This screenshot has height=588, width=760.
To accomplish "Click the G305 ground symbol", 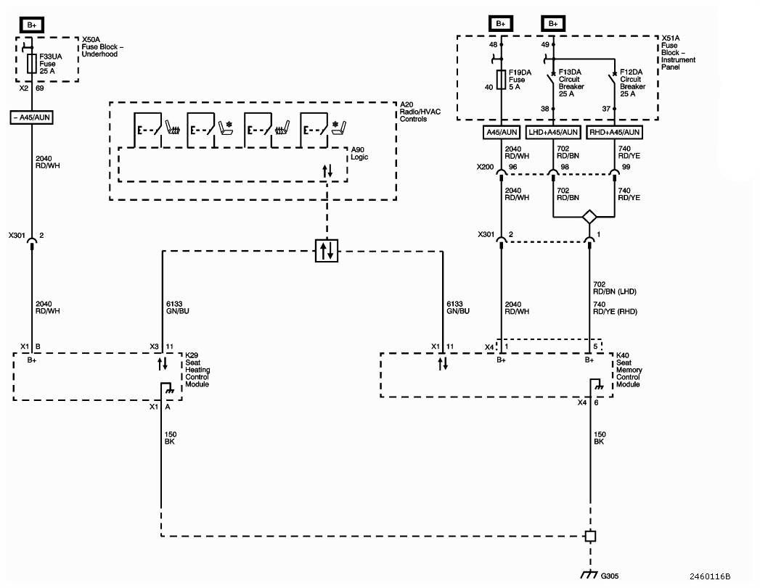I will [x=590, y=574].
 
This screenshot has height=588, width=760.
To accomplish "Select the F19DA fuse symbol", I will [x=502, y=80].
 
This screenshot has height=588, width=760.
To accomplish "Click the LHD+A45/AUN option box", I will [x=554, y=132].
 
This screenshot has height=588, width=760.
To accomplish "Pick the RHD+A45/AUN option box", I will [x=615, y=132].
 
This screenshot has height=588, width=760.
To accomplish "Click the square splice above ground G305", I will [x=590, y=537].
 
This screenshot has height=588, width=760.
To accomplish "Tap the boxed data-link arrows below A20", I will [x=327, y=251].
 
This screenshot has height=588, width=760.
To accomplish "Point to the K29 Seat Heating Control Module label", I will [x=197, y=370].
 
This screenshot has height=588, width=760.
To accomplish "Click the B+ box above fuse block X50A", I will [x=32, y=24].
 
